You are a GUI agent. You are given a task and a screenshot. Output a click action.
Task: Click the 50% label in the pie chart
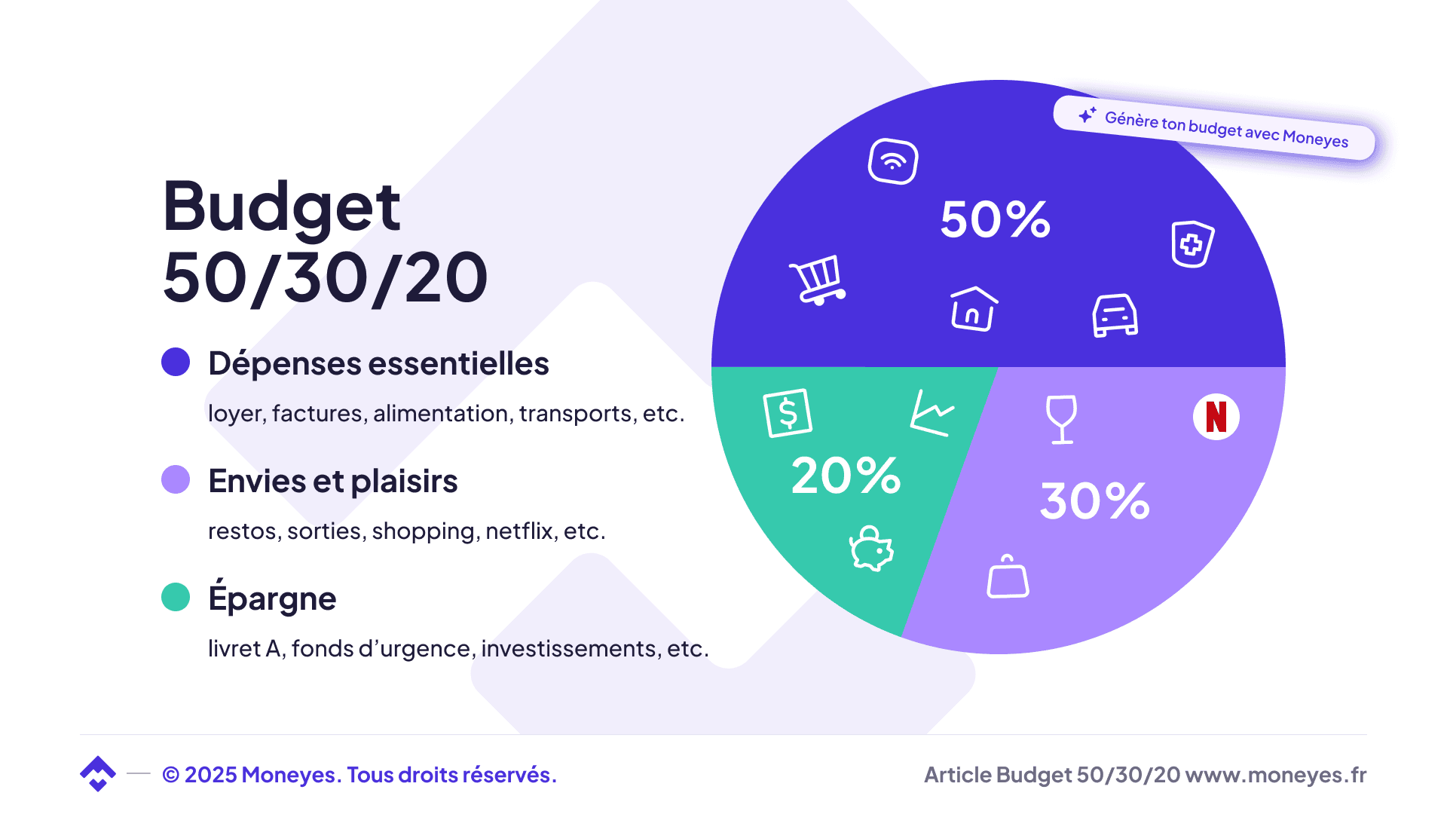(995, 219)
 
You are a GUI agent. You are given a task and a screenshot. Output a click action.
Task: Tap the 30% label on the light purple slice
(1094, 500)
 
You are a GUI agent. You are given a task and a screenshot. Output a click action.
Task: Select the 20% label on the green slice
(846, 476)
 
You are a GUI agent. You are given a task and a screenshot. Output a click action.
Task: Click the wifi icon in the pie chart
(893, 161)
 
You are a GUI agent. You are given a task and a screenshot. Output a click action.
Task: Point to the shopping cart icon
(818, 280)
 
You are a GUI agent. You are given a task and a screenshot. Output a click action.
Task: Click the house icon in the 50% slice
(973, 308)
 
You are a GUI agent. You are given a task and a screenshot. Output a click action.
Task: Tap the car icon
(1115, 315)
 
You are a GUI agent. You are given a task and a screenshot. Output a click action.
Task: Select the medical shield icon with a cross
(1192, 243)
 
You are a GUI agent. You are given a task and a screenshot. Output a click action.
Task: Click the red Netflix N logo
(1216, 417)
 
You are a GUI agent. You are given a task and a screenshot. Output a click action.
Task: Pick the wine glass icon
(1061, 419)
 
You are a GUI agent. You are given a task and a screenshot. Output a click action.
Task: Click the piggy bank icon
(871, 549)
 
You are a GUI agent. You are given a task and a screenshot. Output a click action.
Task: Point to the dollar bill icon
(788, 413)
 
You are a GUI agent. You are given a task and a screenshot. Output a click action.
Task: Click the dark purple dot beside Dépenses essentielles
(176, 362)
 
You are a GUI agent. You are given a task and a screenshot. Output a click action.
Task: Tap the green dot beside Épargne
(176, 597)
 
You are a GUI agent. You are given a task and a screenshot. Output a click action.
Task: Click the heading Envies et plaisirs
(332, 481)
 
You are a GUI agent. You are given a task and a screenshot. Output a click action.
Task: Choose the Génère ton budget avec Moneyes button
(1214, 128)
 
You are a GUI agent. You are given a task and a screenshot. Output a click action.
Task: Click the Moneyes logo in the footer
(98, 773)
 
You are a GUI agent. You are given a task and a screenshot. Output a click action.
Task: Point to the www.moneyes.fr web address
(1275, 775)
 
